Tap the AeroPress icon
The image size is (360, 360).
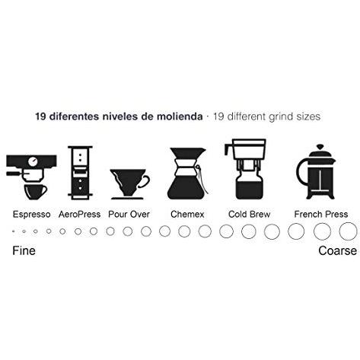pos(78,172)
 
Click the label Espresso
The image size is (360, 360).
pos(31,214)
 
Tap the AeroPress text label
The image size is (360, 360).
pos(79,214)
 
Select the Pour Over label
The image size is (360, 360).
pos(128,214)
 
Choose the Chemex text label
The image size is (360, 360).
pos(187,214)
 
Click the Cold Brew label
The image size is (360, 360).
pos(248,214)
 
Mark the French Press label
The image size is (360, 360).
pos(321,214)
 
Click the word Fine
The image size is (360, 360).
pos(24,250)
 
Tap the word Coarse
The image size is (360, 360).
pos(336,250)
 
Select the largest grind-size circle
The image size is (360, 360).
pos(348,231)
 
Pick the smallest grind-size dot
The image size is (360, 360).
pos(13,231)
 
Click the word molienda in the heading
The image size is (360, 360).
pos(180,117)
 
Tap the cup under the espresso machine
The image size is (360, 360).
pos(34,190)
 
